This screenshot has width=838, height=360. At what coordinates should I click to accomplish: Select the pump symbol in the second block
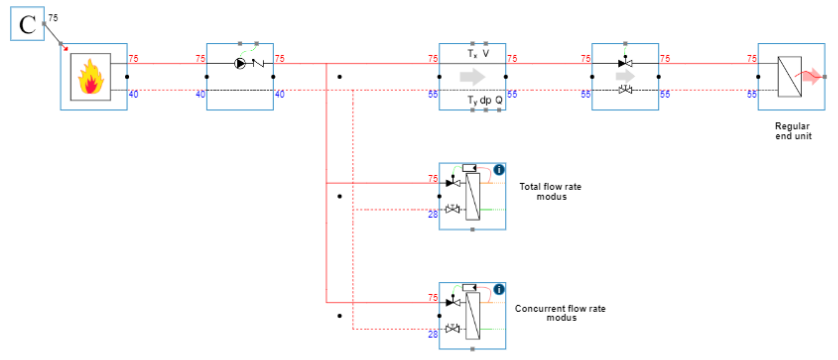tap(240, 62)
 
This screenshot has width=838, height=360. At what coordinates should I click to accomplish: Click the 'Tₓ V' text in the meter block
tap(472, 53)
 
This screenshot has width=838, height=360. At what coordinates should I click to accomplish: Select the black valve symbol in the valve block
tap(625, 62)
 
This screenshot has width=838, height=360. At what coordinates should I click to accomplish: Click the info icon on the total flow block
tap(498, 171)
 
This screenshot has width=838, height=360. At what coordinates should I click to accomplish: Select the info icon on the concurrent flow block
tap(498, 290)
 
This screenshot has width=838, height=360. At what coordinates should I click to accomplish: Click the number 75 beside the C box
tap(53, 17)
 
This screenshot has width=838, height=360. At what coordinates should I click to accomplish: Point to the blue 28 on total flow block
tap(433, 214)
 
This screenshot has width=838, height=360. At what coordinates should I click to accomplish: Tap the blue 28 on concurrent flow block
tap(433, 334)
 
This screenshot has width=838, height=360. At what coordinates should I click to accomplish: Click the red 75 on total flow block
tap(433, 179)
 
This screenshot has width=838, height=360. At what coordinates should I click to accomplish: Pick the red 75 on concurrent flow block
tap(433, 298)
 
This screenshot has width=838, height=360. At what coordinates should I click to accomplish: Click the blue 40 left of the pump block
tap(200, 94)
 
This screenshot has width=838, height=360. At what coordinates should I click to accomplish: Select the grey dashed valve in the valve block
tap(625, 91)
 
